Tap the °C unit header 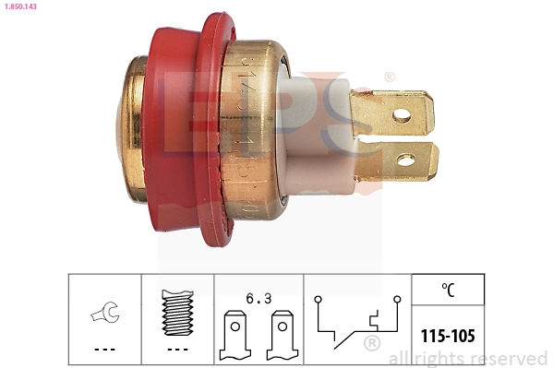coord(447,289)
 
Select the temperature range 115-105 coord(447,336)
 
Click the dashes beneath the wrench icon coord(104,349)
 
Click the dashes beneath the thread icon coord(176,349)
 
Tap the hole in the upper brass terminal coord(401,115)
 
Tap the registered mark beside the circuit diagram coord(371,344)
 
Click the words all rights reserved coord(468,358)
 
